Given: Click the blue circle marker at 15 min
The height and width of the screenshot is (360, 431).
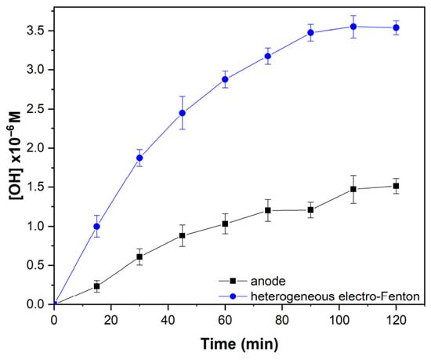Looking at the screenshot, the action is pos(96,227).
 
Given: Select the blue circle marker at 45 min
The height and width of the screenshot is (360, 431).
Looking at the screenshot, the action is pos(183,113).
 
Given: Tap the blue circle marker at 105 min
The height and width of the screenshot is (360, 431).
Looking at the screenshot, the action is pos(353,27).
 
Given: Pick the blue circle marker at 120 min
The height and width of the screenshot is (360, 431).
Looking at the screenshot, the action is pos(396,27).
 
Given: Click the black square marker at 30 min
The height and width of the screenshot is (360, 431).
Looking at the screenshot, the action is pos(139,257).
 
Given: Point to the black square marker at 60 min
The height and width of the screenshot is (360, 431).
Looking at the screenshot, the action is pos(225,224).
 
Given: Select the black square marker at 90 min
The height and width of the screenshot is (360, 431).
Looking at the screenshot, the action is pos(310,210).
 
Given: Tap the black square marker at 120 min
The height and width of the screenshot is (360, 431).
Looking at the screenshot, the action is pos(396,186).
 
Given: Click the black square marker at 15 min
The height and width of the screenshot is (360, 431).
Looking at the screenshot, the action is pos(96,286).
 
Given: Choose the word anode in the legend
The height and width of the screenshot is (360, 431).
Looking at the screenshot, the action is pos(268,281).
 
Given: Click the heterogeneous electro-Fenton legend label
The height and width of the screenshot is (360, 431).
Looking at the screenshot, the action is pos(335,296).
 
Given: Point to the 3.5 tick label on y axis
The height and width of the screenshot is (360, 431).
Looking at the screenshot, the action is pos(35,31).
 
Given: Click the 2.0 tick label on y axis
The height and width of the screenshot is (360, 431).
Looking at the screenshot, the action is pos(35,148).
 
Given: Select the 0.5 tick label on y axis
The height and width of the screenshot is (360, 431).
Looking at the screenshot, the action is pos(35,265).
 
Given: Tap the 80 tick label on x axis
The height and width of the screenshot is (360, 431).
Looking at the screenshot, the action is pos(282,320).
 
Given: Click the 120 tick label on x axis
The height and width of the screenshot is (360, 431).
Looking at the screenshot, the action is pos(396,320).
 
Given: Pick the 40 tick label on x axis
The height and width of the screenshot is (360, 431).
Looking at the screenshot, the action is pos(168,320).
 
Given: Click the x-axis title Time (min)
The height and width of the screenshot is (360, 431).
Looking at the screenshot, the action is pos(239,344).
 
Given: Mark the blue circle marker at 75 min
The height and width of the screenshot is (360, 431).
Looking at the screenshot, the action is pos(268,56).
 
